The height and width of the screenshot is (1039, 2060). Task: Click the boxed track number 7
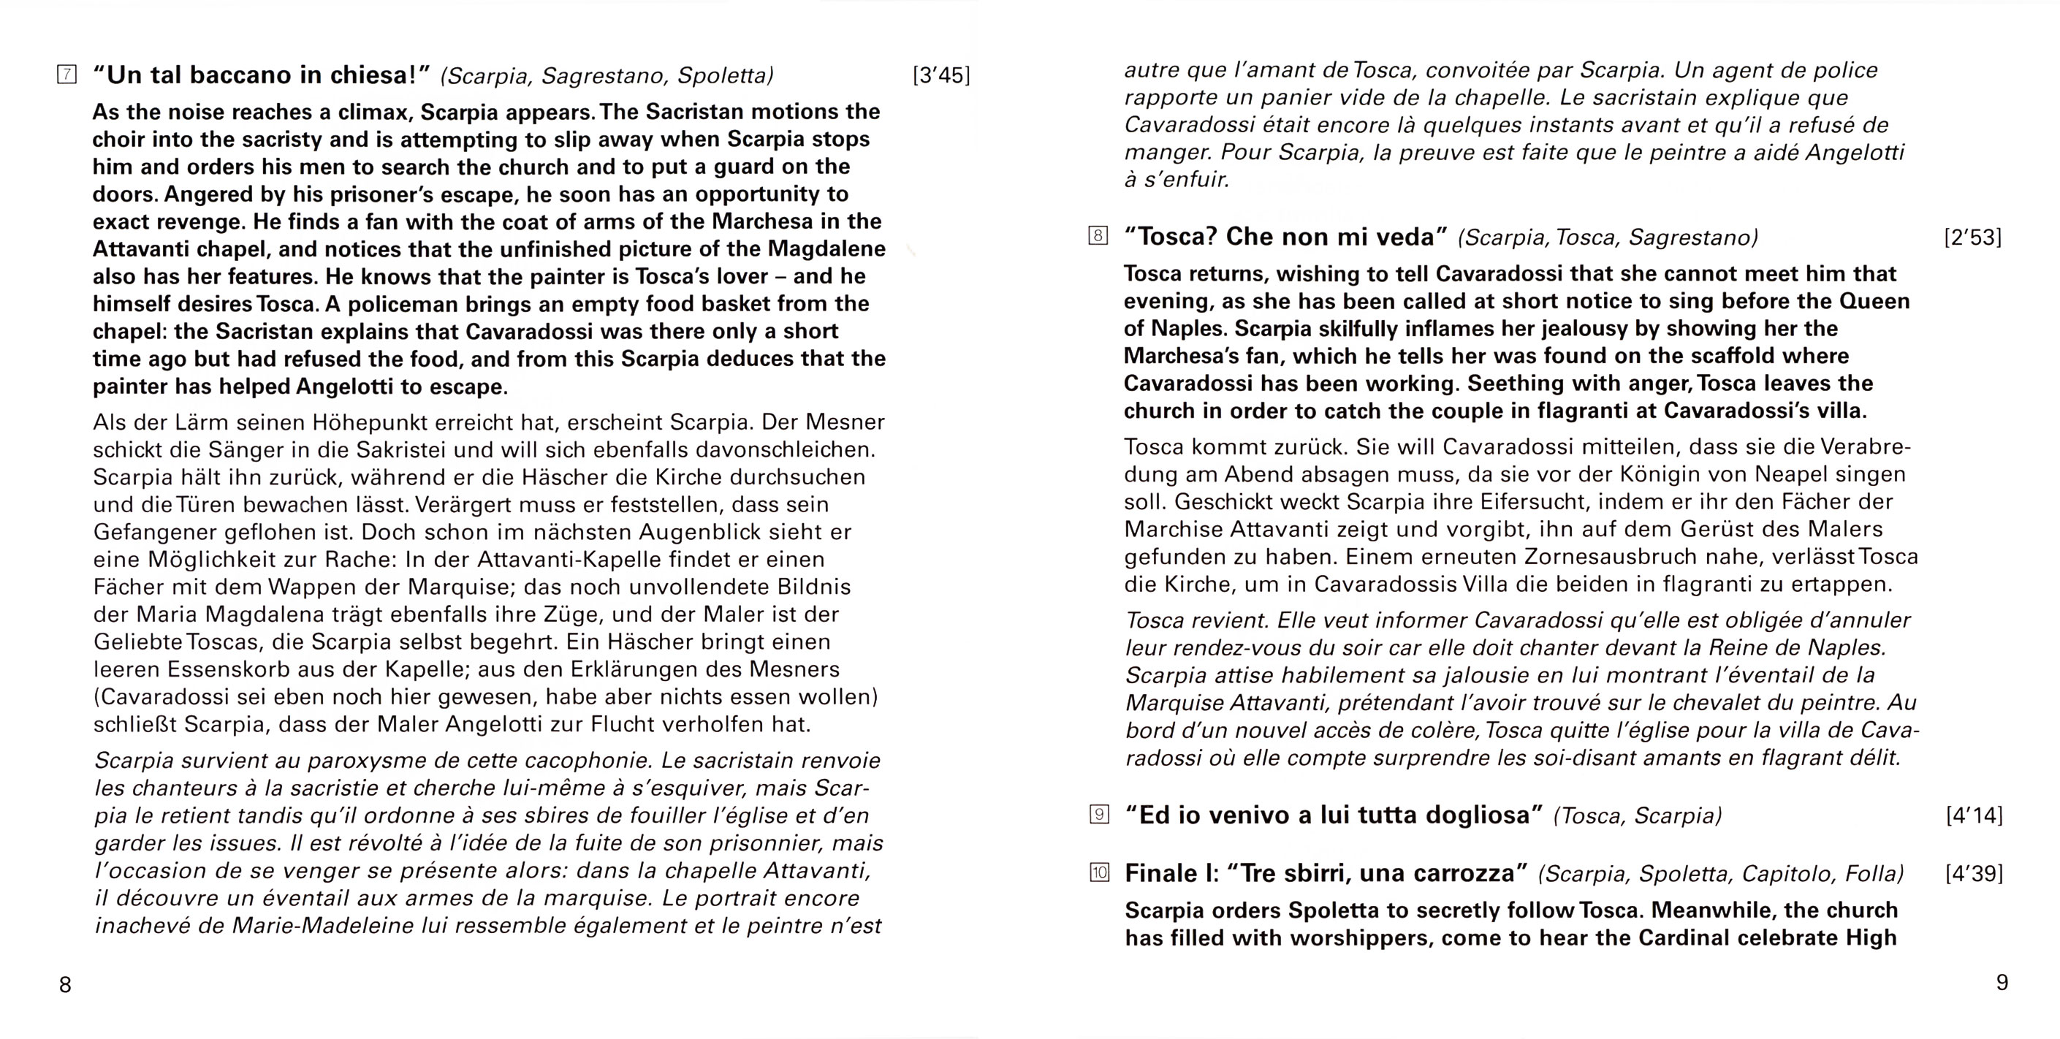point(67,75)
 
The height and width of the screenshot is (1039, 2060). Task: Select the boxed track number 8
point(1099,236)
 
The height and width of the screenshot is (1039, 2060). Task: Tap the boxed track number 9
point(1100,814)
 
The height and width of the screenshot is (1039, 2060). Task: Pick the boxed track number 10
point(1100,872)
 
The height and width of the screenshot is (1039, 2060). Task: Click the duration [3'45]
point(941,75)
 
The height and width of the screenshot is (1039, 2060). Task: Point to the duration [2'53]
point(1973,237)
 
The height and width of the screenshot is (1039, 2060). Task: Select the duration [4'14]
point(1974,815)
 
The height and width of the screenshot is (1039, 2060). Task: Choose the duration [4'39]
point(1974,873)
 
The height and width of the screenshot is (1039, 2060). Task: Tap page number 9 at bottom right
point(2002,982)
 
